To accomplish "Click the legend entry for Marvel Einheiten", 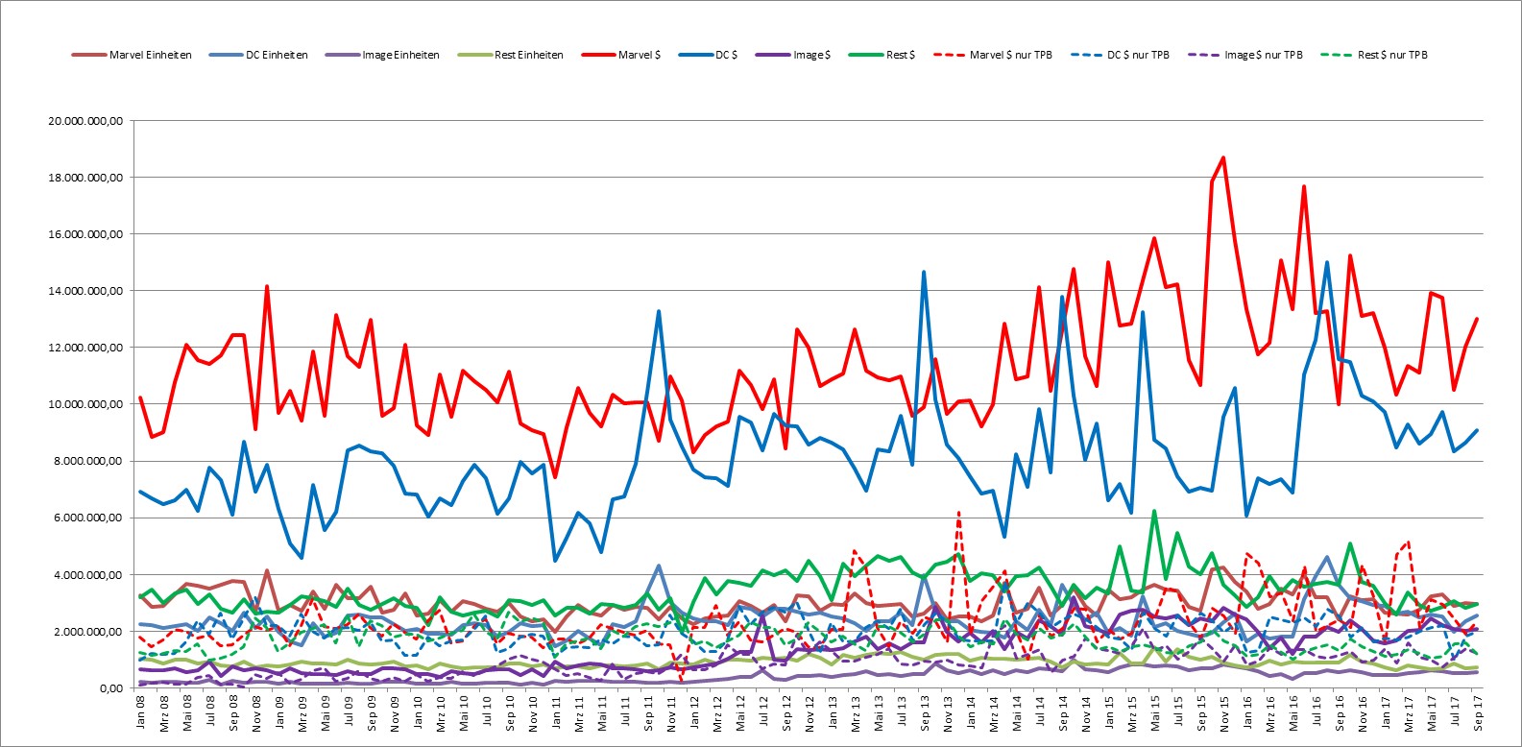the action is point(132,55).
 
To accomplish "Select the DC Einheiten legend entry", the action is point(258,55).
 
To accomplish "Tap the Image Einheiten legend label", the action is point(382,55).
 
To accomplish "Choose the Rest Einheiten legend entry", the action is point(510,55).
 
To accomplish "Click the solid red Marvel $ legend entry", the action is point(621,55).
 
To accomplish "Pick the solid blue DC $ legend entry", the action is point(708,55).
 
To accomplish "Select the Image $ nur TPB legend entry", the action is point(1245,55).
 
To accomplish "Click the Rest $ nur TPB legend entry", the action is point(1374,55).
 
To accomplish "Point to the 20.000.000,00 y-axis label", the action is point(85,121).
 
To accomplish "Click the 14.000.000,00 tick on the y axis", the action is point(85,291).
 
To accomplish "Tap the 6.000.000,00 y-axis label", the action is point(88,518).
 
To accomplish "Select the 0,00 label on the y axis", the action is point(111,688).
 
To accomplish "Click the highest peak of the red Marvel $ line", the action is point(1223,157).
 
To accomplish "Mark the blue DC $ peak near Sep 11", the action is point(659,311).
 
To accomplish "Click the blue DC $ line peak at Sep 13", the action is point(924,272).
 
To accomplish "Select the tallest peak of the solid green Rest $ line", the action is point(1153,511).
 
